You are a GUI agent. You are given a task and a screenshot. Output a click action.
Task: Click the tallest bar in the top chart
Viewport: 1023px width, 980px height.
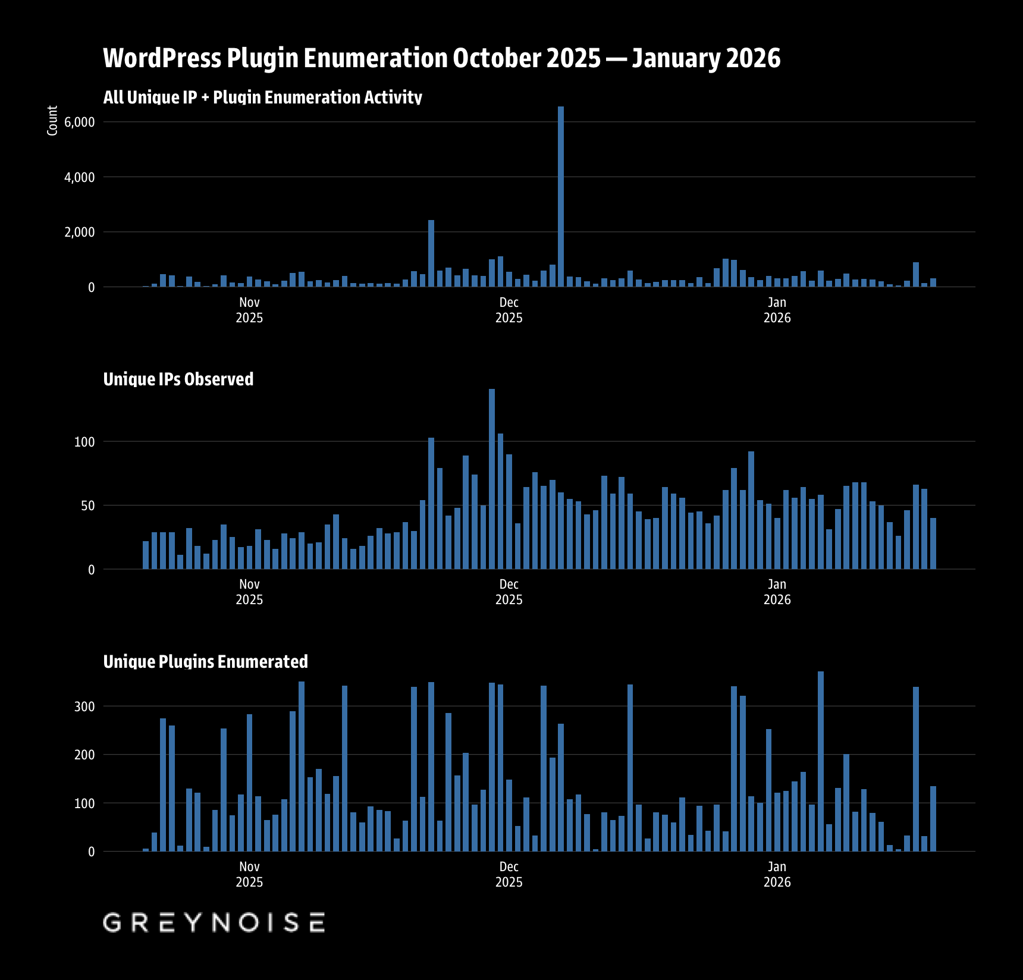tap(560, 196)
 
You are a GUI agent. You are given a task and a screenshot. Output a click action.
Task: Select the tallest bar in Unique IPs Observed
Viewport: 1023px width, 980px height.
tap(491, 479)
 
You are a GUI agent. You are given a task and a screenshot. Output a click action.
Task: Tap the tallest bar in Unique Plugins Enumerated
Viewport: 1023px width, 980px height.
tap(820, 761)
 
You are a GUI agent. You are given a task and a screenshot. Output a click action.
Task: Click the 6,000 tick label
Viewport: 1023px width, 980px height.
tap(79, 122)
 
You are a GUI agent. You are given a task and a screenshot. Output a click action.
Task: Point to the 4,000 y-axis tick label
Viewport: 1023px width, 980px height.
tap(79, 177)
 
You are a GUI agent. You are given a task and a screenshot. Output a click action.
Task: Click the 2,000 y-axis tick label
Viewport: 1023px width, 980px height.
tap(79, 233)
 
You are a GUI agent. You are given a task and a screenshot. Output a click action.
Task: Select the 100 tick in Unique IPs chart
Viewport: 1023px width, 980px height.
tap(84, 442)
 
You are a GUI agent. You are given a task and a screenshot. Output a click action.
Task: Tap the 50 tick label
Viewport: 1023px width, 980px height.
tap(87, 506)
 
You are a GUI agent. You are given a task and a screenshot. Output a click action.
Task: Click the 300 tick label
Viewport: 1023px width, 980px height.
tap(84, 706)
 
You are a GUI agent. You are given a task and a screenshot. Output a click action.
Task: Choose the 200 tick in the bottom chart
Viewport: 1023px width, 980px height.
tap(84, 755)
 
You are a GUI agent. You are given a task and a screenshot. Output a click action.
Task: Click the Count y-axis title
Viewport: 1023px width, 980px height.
tap(52, 121)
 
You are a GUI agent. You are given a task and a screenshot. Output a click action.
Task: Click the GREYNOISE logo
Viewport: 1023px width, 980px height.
tap(214, 922)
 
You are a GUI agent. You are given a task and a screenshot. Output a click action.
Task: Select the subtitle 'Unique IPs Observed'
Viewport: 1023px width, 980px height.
tap(178, 379)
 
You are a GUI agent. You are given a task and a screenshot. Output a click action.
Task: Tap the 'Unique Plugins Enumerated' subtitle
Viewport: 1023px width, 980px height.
tap(205, 661)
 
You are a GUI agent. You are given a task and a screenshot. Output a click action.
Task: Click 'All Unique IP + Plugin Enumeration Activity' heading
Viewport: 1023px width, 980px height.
tap(262, 97)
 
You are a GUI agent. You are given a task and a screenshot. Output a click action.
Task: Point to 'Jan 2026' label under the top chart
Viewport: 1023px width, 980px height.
tap(777, 310)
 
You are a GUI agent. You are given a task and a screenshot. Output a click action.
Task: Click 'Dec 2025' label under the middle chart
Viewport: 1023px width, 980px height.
tap(509, 592)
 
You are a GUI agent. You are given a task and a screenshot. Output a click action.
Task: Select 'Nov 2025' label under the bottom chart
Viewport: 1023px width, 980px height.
tap(249, 874)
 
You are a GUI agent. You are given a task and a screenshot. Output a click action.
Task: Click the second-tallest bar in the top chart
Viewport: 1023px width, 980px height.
tap(431, 253)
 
